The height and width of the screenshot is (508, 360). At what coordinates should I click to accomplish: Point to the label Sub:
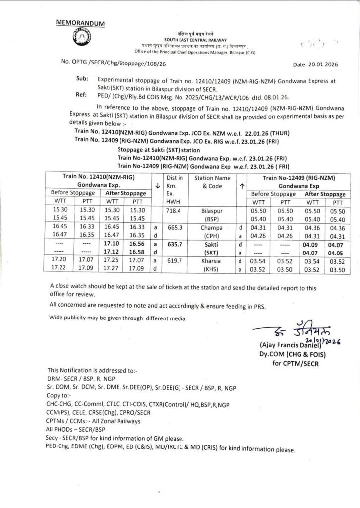[x=81, y=78]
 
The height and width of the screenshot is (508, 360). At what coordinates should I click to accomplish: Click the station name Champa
[x=213, y=227]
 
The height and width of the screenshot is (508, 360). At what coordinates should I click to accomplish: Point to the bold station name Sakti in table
[x=213, y=244]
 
